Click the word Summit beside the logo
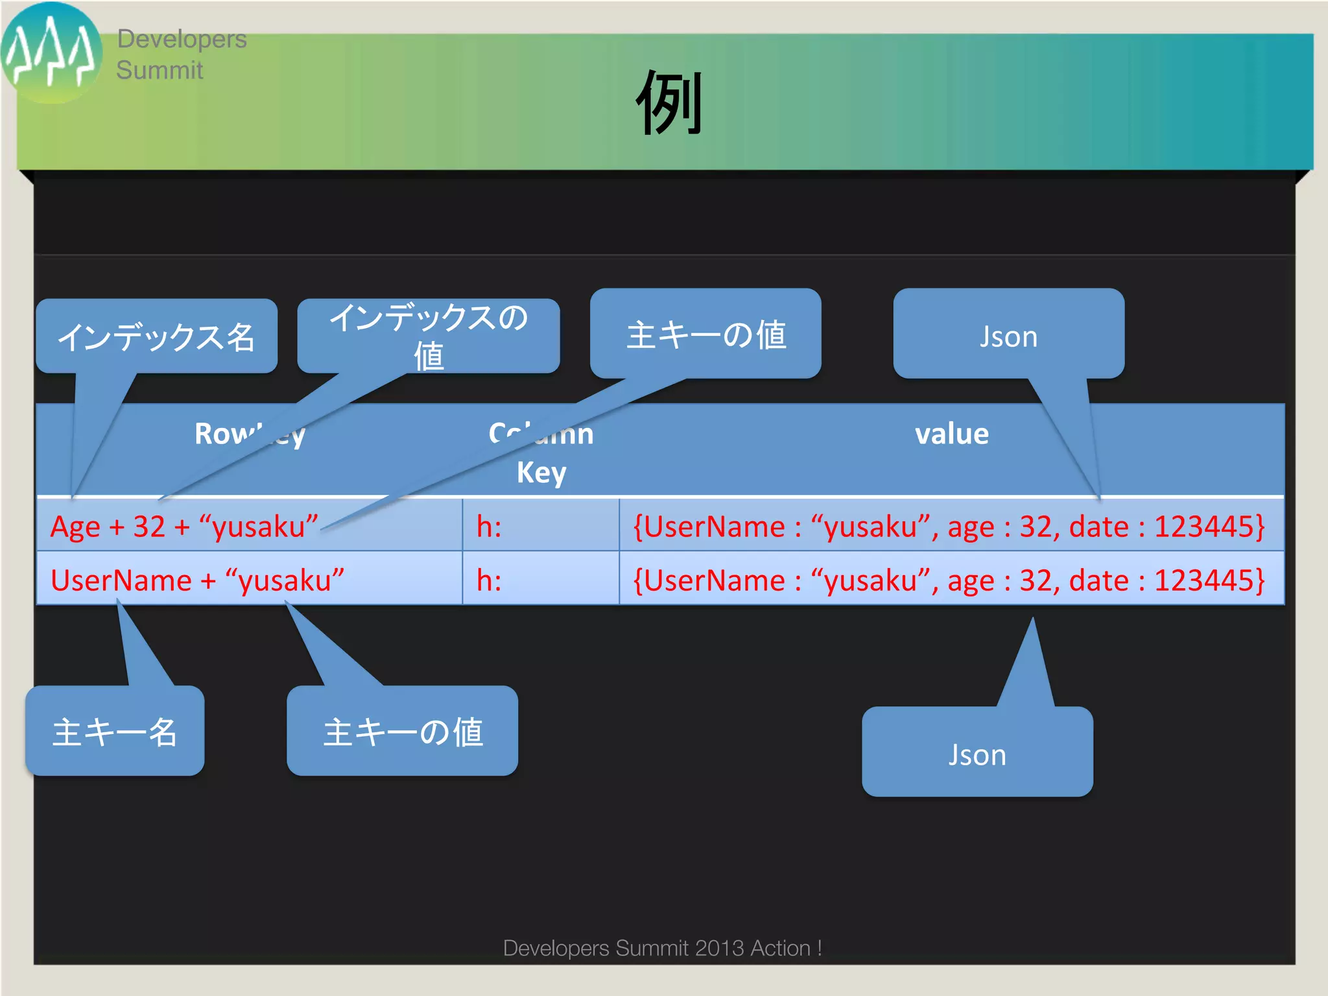(x=160, y=70)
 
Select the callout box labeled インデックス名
(x=156, y=337)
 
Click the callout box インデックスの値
(x=429, y=335)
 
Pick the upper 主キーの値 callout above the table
(x=705, y=334)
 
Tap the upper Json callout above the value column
(x=1008, y=334)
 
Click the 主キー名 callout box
(x=115, y=731)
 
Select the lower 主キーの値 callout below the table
(x=402, y=731)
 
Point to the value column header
(x=951, y=433)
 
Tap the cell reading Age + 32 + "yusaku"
(x=184, y=526)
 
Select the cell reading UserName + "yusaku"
(x=197, y=580)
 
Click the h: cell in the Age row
(x=489, y=526)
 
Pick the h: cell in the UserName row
(x=489, y=580)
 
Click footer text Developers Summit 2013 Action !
(x=662, y=947)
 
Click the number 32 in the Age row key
(x=149, y=526)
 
